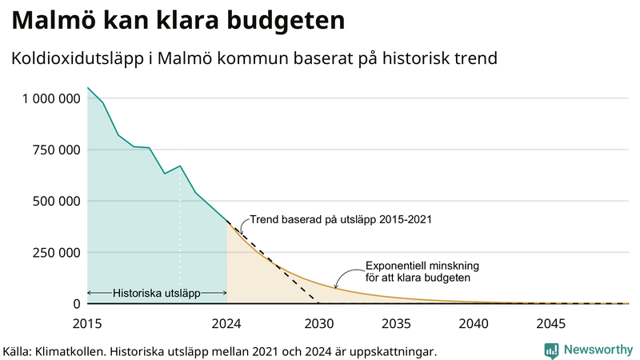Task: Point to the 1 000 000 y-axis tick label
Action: coord(51,98)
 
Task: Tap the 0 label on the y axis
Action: coord(77,304)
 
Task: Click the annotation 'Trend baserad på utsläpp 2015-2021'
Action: coord(341,219)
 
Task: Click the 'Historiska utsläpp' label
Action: coord(156,294)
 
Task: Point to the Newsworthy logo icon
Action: coord(551,350)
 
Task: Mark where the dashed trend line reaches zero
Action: coord(319,303)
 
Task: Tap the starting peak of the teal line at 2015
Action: coord(88,88)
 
